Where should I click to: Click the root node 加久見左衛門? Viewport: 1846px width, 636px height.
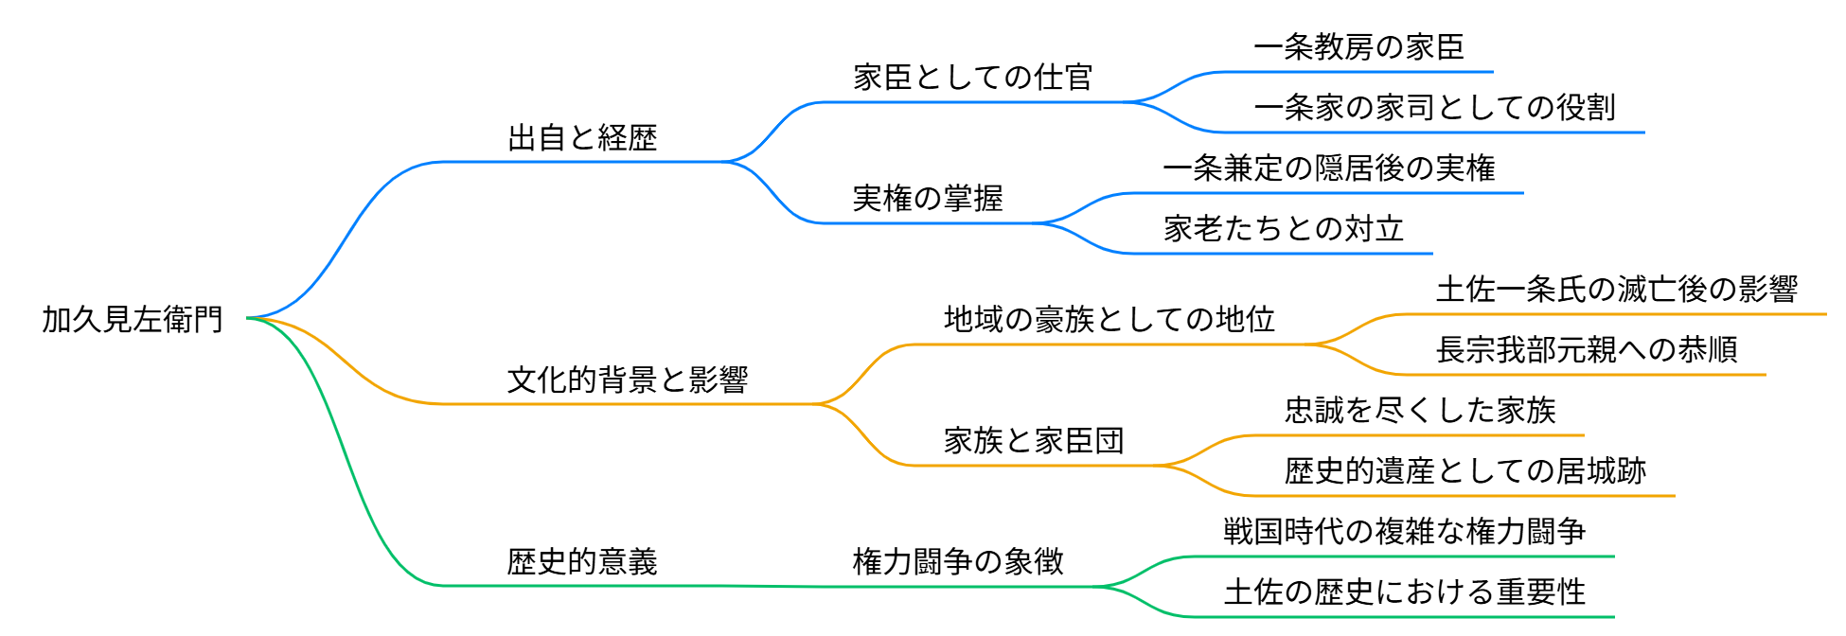(133, 320)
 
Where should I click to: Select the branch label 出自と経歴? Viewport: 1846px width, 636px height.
(582, 138)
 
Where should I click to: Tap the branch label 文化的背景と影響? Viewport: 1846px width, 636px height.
(628, 380)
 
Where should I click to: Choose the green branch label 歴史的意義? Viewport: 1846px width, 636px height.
(582, 562)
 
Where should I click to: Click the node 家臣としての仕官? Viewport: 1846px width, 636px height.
(973, 78)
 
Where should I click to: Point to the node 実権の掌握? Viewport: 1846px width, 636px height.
(928, 199)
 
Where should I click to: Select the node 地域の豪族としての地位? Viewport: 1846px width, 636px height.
(1109, 320)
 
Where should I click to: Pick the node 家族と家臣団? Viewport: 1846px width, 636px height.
(1034, 441)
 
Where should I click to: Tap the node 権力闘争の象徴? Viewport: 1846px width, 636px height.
(958, 562)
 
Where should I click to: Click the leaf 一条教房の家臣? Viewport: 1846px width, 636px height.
(1358, 47)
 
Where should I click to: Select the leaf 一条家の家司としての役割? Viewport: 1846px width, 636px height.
(1434, 108)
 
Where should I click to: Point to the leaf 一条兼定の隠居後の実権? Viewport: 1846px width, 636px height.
(1328, 168)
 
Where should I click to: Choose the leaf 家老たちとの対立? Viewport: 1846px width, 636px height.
(1283, 229)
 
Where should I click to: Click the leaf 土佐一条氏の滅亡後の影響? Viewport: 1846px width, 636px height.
(1616, 290)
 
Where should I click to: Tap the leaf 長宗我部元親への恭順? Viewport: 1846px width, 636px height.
(1586, 350)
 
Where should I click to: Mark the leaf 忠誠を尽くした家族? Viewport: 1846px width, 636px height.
(1419, 411)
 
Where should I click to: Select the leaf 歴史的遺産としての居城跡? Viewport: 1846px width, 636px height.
(1464, 471)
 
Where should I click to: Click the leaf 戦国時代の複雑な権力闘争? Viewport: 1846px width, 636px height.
(1404, 532)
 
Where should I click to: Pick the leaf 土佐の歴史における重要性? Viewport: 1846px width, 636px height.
(1404, 592)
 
